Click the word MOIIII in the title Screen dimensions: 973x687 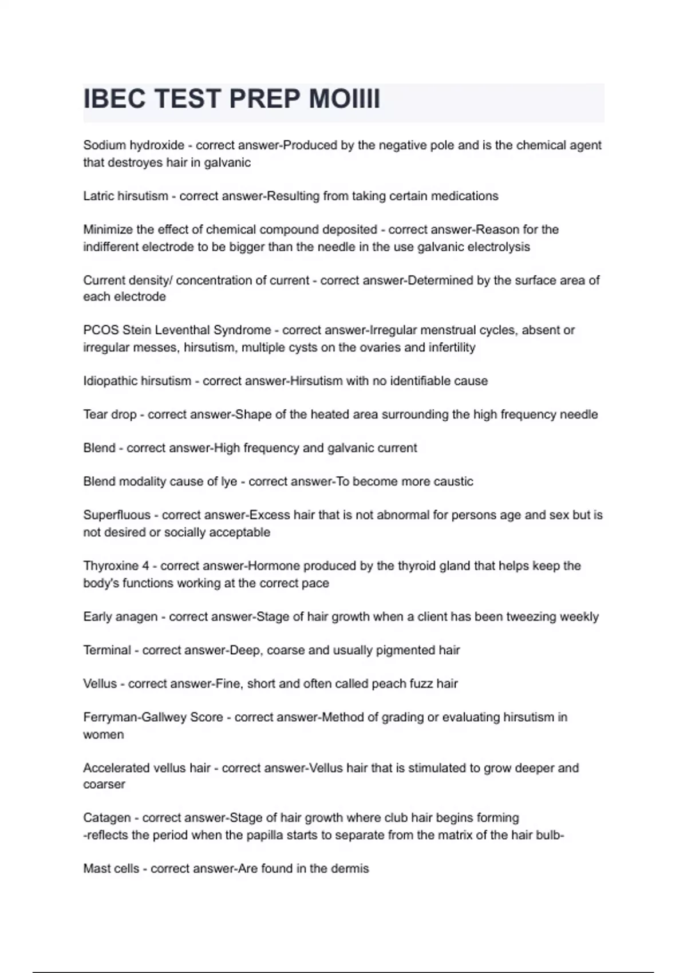[344, 99]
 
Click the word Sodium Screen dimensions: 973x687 [104, 145]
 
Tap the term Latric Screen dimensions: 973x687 [98, 196]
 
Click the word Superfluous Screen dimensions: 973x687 [117, 515]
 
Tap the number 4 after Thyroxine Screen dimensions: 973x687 [146, 566]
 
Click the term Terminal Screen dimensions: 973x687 [107, 650]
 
